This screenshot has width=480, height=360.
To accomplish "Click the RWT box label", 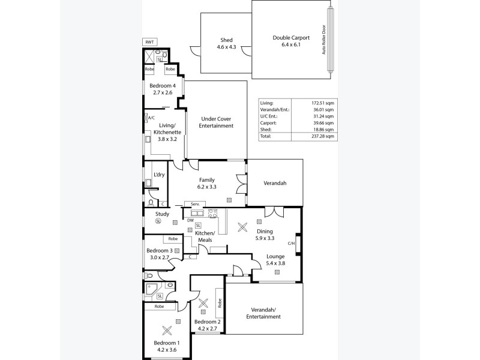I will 149,42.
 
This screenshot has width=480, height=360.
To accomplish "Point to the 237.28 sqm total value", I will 322,136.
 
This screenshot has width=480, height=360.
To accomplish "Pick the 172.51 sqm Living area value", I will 322,103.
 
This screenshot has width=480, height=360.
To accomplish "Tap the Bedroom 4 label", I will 161,89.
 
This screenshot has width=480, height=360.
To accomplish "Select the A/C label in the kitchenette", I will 151,118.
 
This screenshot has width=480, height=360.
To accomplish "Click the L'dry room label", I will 159,175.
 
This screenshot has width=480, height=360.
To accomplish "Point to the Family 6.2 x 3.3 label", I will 207,184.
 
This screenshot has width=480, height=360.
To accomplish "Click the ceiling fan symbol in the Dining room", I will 243,227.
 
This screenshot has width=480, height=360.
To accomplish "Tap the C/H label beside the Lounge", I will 291,243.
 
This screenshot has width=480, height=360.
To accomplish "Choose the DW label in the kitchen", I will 190,220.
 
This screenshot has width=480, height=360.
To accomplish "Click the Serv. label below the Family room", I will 195,205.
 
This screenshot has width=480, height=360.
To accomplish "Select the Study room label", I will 162,214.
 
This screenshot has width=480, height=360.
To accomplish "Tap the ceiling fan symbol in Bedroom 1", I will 166,329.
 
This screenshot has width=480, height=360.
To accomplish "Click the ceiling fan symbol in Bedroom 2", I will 203,304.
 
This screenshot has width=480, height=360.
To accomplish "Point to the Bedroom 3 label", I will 161,254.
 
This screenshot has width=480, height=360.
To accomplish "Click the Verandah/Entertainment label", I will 265,313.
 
